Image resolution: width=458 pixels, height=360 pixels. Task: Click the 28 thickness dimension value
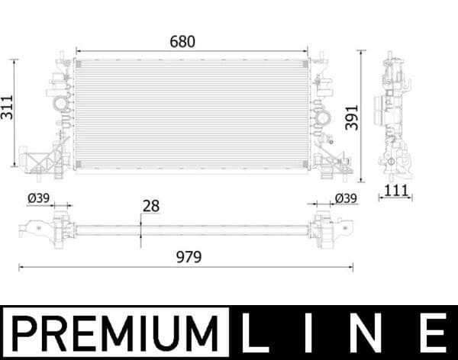click(150, 206)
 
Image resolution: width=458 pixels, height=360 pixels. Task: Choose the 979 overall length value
click(187, 257)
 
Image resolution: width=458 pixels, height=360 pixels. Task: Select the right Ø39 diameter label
click(346, 198)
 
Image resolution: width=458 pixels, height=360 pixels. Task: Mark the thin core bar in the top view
click(191, 229)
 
